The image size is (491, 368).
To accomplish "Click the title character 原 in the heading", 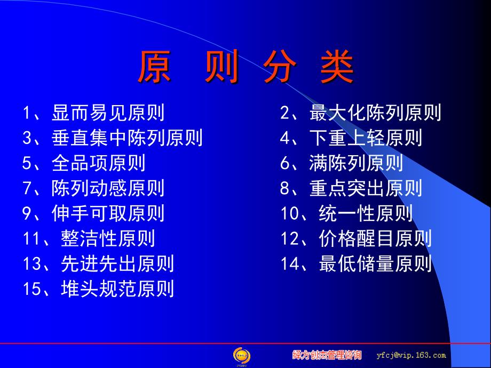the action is (155, 67).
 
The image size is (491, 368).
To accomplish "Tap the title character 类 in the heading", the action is (337, 67).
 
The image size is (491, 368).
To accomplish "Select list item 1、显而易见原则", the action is (93, 113).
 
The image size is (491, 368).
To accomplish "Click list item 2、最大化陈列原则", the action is (360, 113).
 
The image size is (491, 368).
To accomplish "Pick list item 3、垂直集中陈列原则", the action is (113, 138).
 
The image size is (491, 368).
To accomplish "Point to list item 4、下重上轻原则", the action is (351, 138).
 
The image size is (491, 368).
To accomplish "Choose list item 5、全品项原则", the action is (84, 163).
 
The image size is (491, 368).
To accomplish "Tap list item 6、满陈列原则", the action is (342, 163).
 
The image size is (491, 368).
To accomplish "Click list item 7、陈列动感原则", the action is (93, 188).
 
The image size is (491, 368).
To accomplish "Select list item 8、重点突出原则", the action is (351, 188).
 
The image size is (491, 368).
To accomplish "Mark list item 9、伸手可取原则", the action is (93, 213).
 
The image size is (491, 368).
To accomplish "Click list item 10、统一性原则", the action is (346, 213).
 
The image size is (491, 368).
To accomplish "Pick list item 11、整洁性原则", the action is (89, 238).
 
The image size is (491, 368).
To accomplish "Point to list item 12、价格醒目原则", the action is (356, 238).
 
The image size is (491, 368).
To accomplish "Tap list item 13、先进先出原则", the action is (98, 263).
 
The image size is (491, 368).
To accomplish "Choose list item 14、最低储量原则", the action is (356, 263).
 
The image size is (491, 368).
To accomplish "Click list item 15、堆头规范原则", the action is (98, 288).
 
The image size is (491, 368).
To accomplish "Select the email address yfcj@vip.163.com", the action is (411, 355).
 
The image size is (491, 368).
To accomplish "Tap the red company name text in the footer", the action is (327, 355).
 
